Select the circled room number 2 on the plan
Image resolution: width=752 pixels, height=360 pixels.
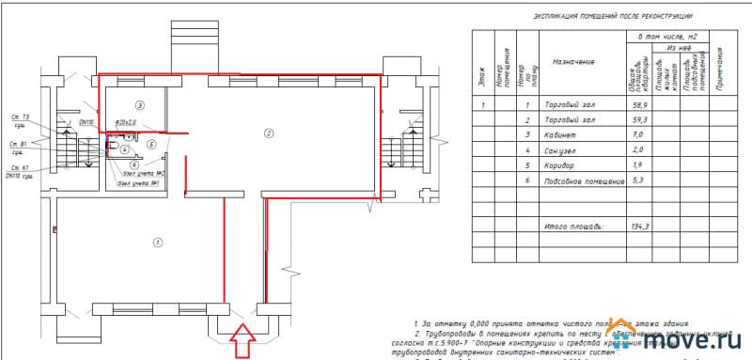[x=268, y=134]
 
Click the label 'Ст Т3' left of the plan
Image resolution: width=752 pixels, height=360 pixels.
[x=20, y=117]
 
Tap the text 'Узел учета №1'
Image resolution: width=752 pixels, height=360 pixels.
[x=135, y=183]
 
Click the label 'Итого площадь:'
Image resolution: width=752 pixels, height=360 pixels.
[x=574, y=227]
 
